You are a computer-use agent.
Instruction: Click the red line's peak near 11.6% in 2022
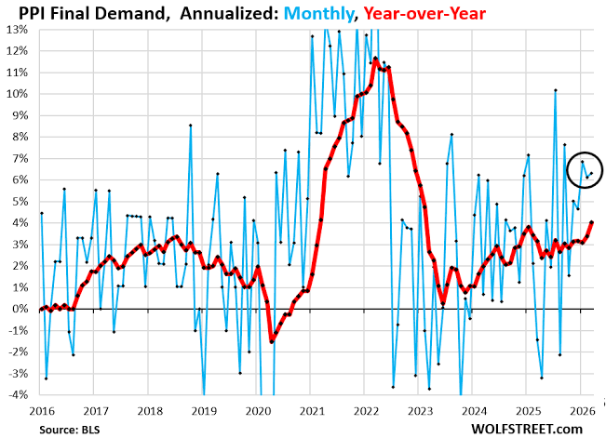[375, 59]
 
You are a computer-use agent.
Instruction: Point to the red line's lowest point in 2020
[272, 341]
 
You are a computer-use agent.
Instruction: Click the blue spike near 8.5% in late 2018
[190, 126]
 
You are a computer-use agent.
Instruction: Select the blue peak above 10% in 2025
[555, 90]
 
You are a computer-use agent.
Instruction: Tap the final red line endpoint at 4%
[591, 222]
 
